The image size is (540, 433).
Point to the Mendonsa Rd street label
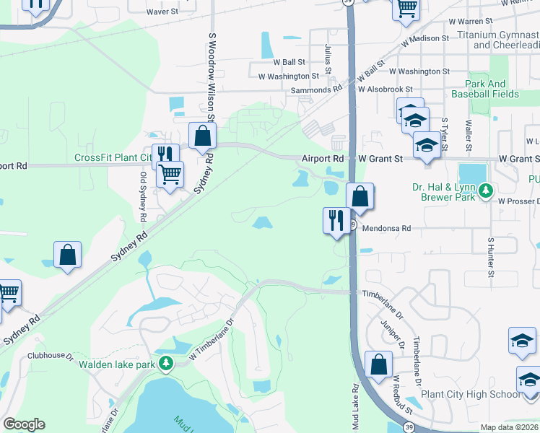pyautogui.click(x=386, y=228)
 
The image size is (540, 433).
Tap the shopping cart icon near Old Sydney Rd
pyautogui.click(x=170, y=173)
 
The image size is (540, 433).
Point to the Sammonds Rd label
pyautogui.click(x=316, y=89)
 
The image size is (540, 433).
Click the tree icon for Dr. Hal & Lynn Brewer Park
pyautogui.click(x=487, y=191)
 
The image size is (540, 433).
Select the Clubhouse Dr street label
pyautogui.click(x=51, y=356)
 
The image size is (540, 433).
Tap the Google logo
pyautogui.click(x=23, y=424)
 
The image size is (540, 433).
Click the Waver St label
pyautogui.click(x=162, y=12)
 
